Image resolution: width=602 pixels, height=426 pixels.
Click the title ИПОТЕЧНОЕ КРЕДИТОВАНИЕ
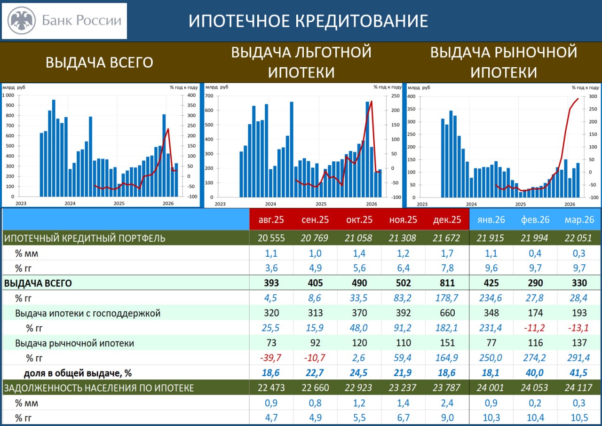pyautogui.click(x=308, y=21)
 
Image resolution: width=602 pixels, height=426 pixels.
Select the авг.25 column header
pyautogui.click(x=271, y=220)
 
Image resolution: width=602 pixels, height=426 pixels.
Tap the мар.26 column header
pyautogui.click(x=578, y=220)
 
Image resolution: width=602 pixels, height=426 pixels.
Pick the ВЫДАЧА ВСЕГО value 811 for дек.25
pyautogui.click(x=447, y=283)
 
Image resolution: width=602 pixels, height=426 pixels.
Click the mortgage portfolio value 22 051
pyautogui.click(x=578, y=238)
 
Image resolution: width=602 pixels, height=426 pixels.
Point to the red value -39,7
pyautogui.click(x=271, y=358)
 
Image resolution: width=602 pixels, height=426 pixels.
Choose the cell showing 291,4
pyautogui.click(x=578, y=358)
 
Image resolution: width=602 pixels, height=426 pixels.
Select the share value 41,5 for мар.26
pyautogui.click(x=578, y=373)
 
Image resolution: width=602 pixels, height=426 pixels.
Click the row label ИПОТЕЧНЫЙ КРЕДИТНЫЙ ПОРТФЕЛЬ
pyautogui.click(x=85, y=238)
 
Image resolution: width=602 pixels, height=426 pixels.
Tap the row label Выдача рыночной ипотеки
pyautogui.click(x=74, y=343)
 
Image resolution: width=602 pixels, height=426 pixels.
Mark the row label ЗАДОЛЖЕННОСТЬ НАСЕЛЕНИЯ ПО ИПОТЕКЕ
pyautogui.click(x=99, y=388)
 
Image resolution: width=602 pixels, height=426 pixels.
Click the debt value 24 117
pyautogui.click(x=578, y=388)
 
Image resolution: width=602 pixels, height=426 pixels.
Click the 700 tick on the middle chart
pyautogui.click(x=209, y=96)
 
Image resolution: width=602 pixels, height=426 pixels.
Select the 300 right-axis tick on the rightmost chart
pyautogui.click(x=593, y=96)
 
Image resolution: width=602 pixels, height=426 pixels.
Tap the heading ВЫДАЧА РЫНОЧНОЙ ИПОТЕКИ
pyautogui.click(x=504, y=62)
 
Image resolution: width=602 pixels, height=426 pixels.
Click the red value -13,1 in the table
pyautogui.click(x=578, y=328)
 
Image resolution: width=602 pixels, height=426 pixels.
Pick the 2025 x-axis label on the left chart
pyautogui.click(x=119, y=204)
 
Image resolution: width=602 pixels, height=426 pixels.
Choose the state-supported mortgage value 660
pyautogui.click(x=447, y=313)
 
